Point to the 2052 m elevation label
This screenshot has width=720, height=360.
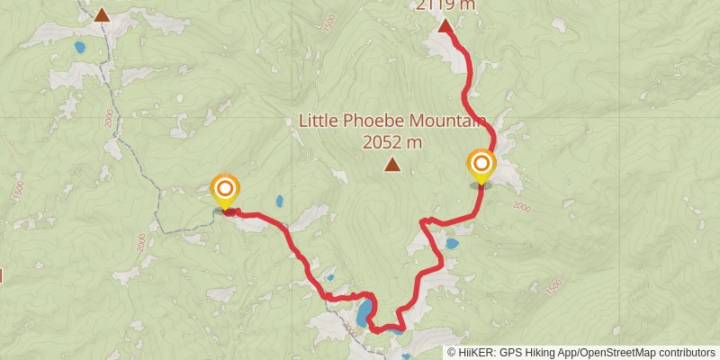coord(391,141)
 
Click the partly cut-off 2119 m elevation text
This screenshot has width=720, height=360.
coord(445,4)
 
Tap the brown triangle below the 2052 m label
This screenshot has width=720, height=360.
coord(391,164)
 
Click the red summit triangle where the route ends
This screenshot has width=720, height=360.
coord(445,26)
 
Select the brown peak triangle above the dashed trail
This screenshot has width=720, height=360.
coord(102,14)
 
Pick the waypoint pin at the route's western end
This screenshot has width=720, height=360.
coord(224,191)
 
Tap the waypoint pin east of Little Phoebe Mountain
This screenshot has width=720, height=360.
coord(481,166)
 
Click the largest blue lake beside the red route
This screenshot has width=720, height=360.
coord(364,313)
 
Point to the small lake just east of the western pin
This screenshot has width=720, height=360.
coord(280,201)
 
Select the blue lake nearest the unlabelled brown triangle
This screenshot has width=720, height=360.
coord(79,47)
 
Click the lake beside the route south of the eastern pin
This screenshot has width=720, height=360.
coord(452,243)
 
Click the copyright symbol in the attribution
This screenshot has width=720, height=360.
coord(452,352)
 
